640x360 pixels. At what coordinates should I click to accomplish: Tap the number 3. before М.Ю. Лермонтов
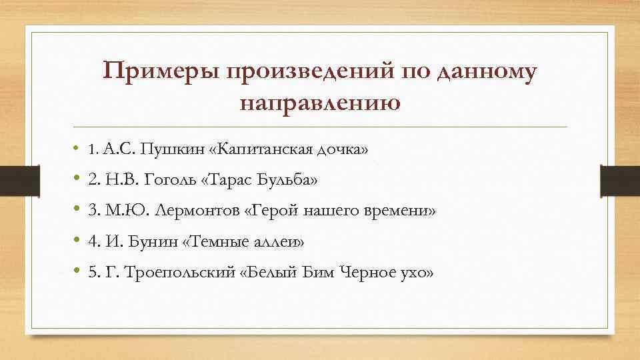pyautogui.click(x=93, y=211)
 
